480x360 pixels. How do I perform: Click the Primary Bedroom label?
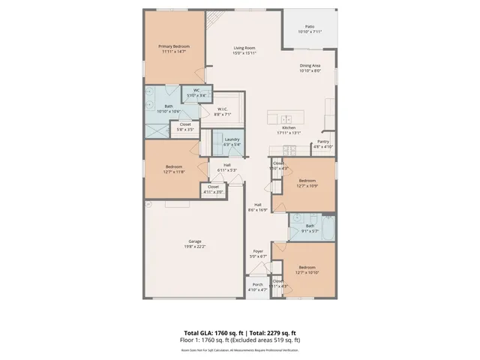(x=173, y=46)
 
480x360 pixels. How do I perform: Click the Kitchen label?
(x=289, y=127)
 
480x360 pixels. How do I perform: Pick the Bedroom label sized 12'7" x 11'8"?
(x=174, y=168)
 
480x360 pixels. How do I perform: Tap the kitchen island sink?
(x=286, y=119)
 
